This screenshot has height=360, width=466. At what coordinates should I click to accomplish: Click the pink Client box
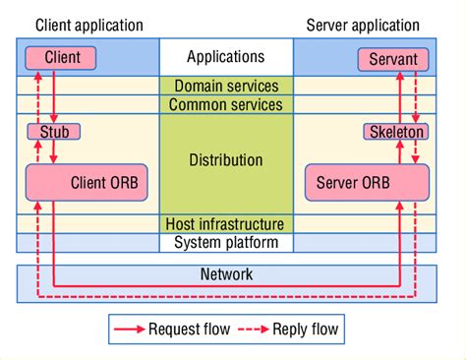tap(62, 58)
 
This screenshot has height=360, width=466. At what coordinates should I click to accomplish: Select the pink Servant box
tap(393, 59)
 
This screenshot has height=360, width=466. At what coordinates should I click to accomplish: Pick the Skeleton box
tap(396, 131)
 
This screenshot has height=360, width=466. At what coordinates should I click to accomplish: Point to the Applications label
tap(225, 57)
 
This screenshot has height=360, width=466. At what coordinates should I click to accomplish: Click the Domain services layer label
tap(226, 87)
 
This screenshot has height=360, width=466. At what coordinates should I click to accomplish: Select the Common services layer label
tap(226, 104)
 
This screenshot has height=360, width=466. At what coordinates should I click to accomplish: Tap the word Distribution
tap(226, 159)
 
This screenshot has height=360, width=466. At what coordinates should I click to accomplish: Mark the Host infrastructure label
tap(226, 224)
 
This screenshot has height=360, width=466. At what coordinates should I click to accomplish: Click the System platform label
tap(226, 243)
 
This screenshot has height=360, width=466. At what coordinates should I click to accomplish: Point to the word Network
tap(225, 274)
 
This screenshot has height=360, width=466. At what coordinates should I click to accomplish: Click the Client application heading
tap(88, 24)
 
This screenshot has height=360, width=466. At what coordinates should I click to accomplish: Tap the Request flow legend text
tap(190, 330)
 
